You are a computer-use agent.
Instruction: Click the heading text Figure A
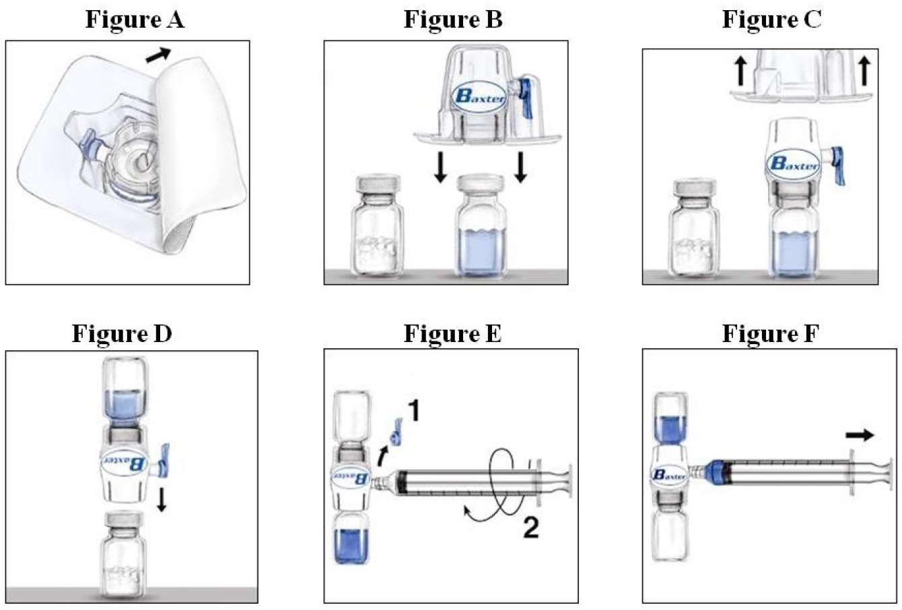pos(135,20)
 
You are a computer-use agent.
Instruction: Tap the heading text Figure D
pos(122,333)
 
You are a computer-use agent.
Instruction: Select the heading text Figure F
pos(771,333)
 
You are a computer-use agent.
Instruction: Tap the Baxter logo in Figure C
pos(794,164)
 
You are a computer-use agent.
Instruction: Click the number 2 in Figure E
pos(530,529)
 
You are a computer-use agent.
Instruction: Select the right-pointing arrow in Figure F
pos(860,436)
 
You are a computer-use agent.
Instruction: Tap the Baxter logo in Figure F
pos(669,475)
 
